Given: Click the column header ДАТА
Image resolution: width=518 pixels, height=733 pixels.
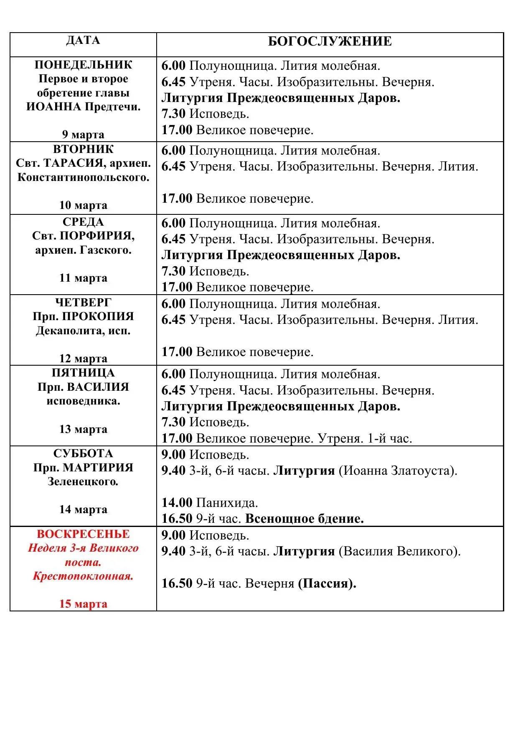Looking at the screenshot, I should tap(83, 41).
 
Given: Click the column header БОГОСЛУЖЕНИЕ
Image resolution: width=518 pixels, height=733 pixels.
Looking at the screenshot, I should tap(330, 41).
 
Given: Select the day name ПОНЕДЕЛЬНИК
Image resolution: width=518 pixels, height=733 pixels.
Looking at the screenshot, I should tap(83, 65).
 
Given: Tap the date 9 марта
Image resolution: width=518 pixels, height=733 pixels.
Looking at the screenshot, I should tap(83, 134).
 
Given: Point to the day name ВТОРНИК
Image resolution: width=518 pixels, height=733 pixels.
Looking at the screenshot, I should tap(83, 149).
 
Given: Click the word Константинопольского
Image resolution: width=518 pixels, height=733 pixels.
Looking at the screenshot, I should tap(83, 177).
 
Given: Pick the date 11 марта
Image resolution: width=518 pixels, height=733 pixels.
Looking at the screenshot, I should tap(83, 278).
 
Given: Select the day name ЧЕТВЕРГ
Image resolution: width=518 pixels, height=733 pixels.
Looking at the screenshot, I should tap(83, 302).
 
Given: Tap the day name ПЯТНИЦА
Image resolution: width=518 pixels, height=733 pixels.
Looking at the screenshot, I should tap(83, 373).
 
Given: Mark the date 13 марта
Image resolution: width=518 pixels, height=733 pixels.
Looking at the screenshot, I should tap(83, 429).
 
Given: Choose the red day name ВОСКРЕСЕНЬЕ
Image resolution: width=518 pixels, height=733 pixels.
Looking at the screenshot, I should tap(83, 534).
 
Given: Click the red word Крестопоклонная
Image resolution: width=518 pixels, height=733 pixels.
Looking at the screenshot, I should tap(83, 576).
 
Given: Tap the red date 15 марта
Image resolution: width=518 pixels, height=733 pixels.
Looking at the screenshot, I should tap(83, 603).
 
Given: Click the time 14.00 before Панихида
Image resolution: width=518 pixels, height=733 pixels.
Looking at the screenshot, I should tap(177, 502).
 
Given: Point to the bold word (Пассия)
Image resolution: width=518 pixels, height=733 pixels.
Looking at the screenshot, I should tap(327, 583).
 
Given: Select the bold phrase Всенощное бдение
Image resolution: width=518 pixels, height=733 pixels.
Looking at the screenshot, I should tap(304, 519).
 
